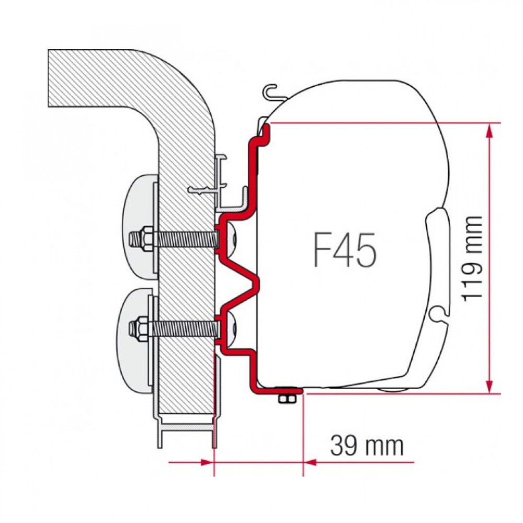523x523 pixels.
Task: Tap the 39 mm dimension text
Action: [x=367, y=446]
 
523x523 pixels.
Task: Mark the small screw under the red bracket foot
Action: [x=286, y=399]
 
